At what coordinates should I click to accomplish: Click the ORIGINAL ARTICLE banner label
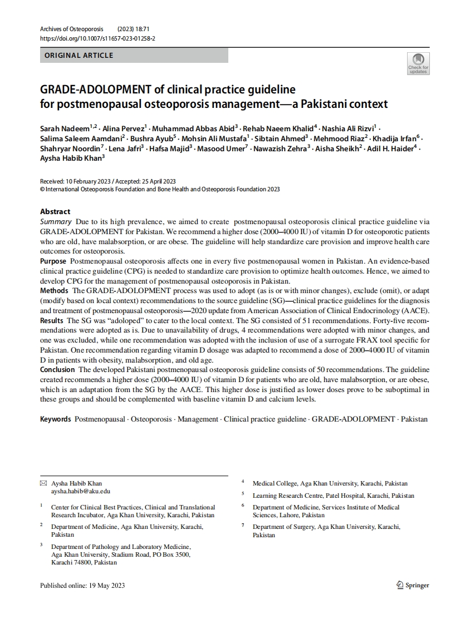click(79, 56)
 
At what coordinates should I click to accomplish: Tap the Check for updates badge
click(418, 63)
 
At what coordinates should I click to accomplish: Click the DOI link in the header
click(97, 38)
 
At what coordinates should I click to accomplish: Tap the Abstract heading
click(55, 211)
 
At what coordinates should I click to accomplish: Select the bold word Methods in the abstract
click(54, 291)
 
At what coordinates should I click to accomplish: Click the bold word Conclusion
click(57, 369)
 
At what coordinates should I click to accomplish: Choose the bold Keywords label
click(55, 419)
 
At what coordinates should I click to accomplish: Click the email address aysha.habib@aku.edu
click(81, 491)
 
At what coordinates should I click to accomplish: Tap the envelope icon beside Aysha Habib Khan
click(43, 483)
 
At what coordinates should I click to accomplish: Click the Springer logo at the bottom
click(413, 585)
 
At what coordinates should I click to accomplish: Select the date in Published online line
click(107, 585)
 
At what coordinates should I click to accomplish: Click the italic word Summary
click(56, 221)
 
